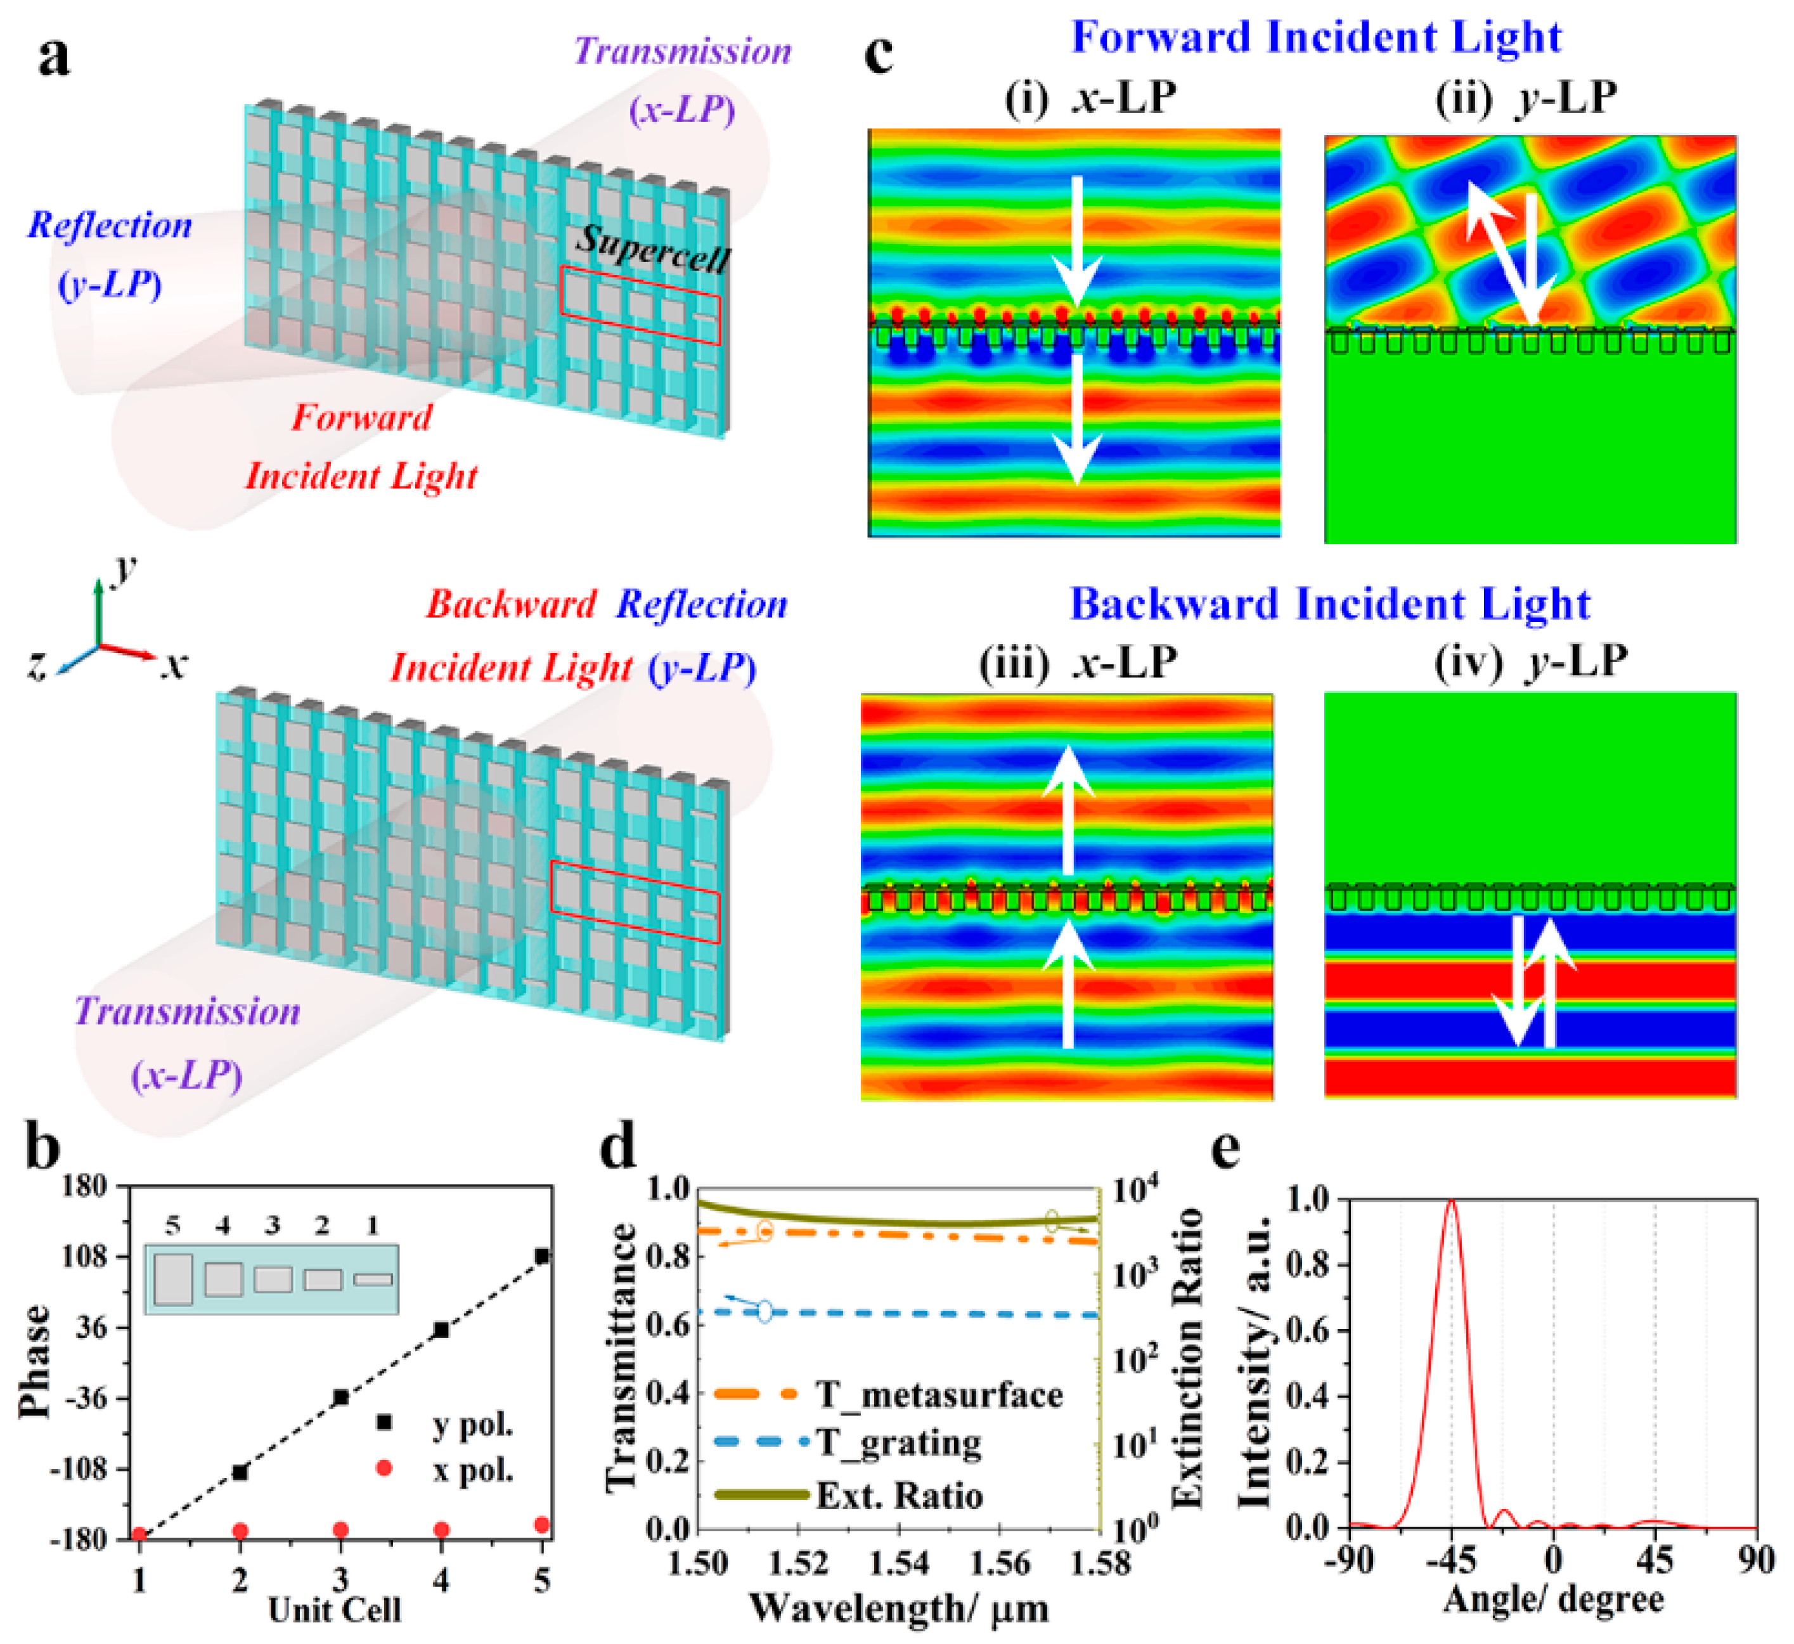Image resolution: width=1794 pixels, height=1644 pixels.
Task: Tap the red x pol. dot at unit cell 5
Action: coord(542,1525)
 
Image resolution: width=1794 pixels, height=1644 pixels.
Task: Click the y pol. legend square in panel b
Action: coord(384,1421)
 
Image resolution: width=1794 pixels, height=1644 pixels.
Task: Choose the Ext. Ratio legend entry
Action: coord(899,1496)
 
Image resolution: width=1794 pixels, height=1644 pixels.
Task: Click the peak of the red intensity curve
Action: coord(1452,1201)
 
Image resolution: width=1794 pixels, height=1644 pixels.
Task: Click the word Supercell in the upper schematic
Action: coord(654,249)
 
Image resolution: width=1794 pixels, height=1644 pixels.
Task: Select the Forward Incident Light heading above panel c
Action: coord(1317,37)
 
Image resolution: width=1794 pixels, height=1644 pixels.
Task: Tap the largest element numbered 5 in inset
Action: coord(172,1279)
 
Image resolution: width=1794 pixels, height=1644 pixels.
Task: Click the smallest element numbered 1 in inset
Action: coord(373,1279)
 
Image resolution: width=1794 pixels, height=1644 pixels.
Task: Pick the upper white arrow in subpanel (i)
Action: coord(1077,240)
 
